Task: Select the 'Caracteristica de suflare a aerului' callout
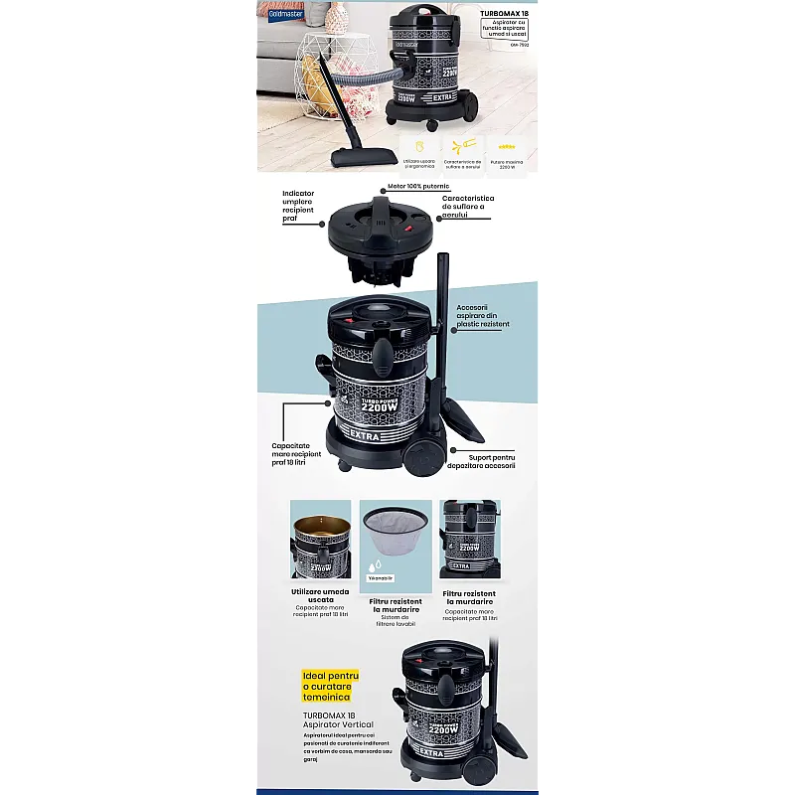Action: (468, 207)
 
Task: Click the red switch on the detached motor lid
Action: (406, 229)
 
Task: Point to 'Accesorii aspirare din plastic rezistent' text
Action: (482, 316)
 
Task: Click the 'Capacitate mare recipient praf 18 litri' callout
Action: (297, 453)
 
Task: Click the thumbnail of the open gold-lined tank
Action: (320, 539)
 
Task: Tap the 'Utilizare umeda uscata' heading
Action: (320, 595)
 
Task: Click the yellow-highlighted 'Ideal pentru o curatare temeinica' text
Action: (331, 686)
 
